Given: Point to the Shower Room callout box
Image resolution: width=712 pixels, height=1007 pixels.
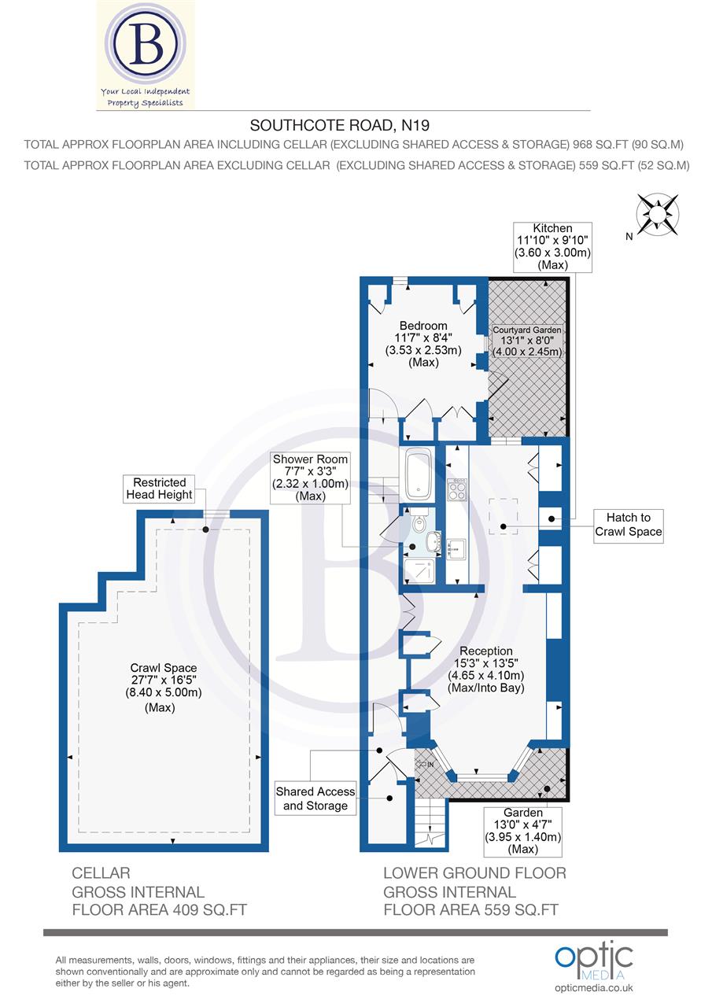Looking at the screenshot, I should coord(310,478).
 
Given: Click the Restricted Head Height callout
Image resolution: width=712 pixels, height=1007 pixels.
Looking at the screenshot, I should coord(163,489).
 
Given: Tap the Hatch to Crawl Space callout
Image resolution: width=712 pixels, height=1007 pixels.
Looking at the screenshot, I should coord(628,525).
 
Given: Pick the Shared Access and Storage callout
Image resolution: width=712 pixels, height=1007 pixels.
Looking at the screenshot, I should coord(315,799).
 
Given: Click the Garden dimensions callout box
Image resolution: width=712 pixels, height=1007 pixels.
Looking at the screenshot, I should coord(523,831).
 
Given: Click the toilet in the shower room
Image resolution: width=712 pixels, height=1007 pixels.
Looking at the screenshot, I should coord(419,521).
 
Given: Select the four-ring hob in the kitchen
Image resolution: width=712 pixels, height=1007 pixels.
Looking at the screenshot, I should coord(456,492).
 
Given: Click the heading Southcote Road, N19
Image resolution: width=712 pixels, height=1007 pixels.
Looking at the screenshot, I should coord(340,124).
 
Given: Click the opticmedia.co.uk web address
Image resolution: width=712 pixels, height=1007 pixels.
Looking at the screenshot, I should coord(594,988).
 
